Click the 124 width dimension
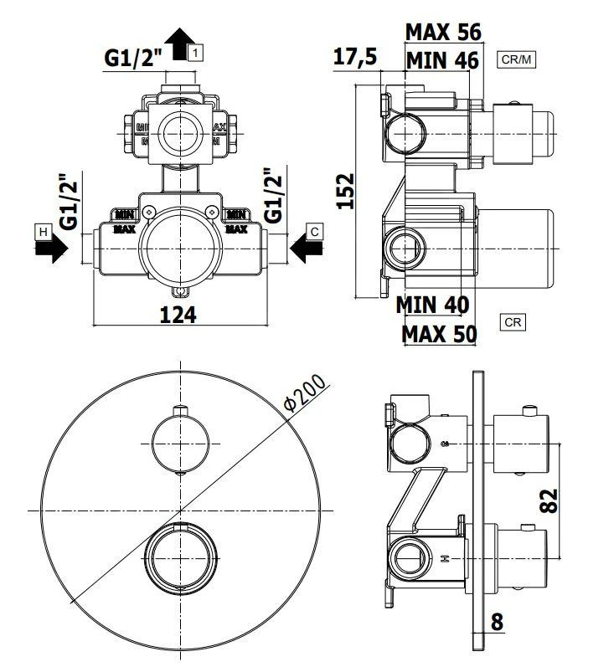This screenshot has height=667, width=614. click(x=178, y=315)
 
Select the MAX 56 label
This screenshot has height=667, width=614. click(x=443, y=32)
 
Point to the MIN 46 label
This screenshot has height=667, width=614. click(x=442, y=60)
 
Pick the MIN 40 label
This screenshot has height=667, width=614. click(x=432, y=304)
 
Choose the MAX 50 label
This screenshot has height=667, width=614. click(x=439, y=334)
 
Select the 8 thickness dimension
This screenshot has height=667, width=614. click(x=497, y=622)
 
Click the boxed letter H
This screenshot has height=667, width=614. click(x=41, y=229)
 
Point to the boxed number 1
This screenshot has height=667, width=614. click(x=195, y=53)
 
